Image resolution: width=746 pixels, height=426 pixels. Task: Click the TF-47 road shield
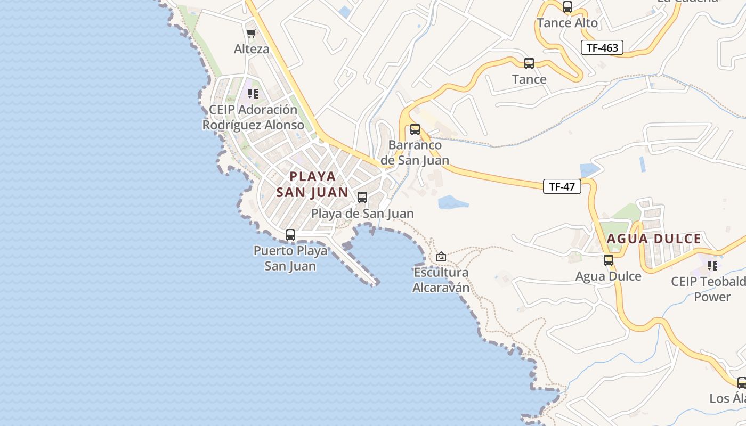(562, 186)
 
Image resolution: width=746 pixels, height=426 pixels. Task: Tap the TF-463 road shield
(602, 48)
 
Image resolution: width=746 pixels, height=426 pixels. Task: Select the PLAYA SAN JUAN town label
(312, 184)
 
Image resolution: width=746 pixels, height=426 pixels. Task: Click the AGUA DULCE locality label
(654, 239)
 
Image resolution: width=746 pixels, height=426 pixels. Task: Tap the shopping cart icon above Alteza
(252, 33)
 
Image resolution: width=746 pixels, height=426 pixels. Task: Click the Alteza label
(252, 49)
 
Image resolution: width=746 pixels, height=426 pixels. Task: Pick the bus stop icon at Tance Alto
(567, 7)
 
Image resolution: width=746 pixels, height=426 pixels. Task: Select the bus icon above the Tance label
(529, 63)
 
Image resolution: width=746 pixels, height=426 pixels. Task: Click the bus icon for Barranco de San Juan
(415, 129)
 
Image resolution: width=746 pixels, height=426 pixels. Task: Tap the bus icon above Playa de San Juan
(362, 198)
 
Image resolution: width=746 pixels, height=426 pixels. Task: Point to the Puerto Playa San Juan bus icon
(290, 235)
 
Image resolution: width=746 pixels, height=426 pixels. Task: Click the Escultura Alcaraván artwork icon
(441, 257)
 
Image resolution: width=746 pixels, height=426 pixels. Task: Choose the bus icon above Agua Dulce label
(608, 260)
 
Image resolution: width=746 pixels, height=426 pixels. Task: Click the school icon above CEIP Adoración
(253, 94)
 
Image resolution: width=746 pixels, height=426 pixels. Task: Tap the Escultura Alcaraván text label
(441, 280)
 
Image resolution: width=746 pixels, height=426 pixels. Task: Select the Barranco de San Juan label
(415, 152)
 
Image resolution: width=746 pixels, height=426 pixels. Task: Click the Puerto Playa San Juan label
(290, 258)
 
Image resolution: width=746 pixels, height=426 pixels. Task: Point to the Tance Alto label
(567, 23)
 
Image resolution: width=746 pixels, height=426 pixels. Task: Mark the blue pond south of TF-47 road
(452, 202)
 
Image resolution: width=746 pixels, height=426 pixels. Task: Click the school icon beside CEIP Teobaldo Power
(712, 265)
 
